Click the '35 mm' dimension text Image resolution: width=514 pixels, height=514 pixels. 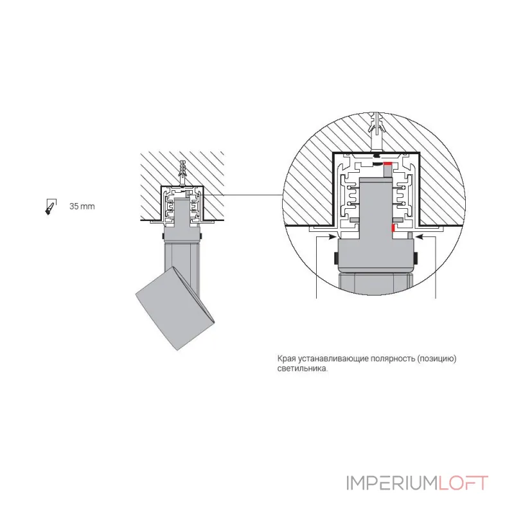82,206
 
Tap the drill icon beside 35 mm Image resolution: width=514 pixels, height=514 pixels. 51,207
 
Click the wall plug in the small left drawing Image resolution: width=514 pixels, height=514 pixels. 182,172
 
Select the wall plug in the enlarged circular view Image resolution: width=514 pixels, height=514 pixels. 377,131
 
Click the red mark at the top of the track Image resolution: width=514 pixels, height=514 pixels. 388,164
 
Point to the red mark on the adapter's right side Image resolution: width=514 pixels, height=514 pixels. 393,228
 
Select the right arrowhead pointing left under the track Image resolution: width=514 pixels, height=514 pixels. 420,235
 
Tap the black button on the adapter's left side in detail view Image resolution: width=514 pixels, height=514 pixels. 335,258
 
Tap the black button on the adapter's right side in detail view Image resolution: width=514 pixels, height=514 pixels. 415,258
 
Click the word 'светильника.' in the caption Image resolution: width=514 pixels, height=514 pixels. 302,368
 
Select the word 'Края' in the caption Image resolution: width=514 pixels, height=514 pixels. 285,359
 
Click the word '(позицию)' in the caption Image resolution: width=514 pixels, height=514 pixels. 437,359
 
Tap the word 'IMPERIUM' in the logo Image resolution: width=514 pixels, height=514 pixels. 393,483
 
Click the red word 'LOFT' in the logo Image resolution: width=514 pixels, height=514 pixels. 463,483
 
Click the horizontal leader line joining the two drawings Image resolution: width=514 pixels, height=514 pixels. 243,195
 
